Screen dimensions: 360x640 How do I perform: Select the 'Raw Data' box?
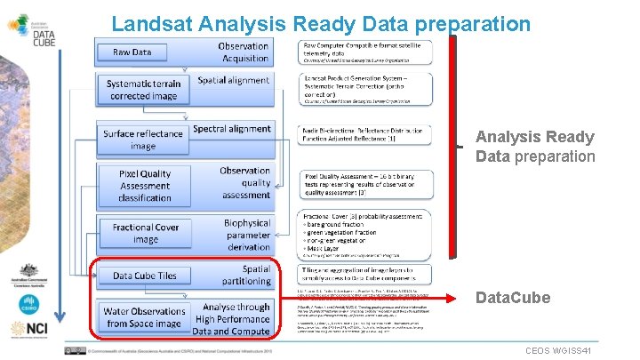[x=132, y=52]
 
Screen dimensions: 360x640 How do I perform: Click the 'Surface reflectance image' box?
[x=142, y=140]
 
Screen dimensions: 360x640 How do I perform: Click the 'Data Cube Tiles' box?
[x=144, y=276]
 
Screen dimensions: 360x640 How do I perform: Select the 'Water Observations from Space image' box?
[x=144, y=317]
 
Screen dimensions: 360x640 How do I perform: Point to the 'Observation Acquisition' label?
[x=243, y=52]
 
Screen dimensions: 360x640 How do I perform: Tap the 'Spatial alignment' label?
[x=233, y=80]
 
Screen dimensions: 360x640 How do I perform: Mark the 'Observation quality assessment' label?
[x=245, y=182]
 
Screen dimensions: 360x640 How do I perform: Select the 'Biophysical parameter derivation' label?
[x=246, y=235]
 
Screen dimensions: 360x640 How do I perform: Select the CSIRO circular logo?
[x=24, y=303]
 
